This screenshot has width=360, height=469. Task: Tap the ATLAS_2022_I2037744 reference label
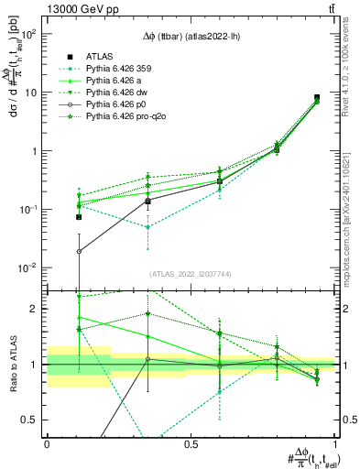[x=190, y=274]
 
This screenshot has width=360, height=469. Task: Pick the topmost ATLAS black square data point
[x=316, y=97]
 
